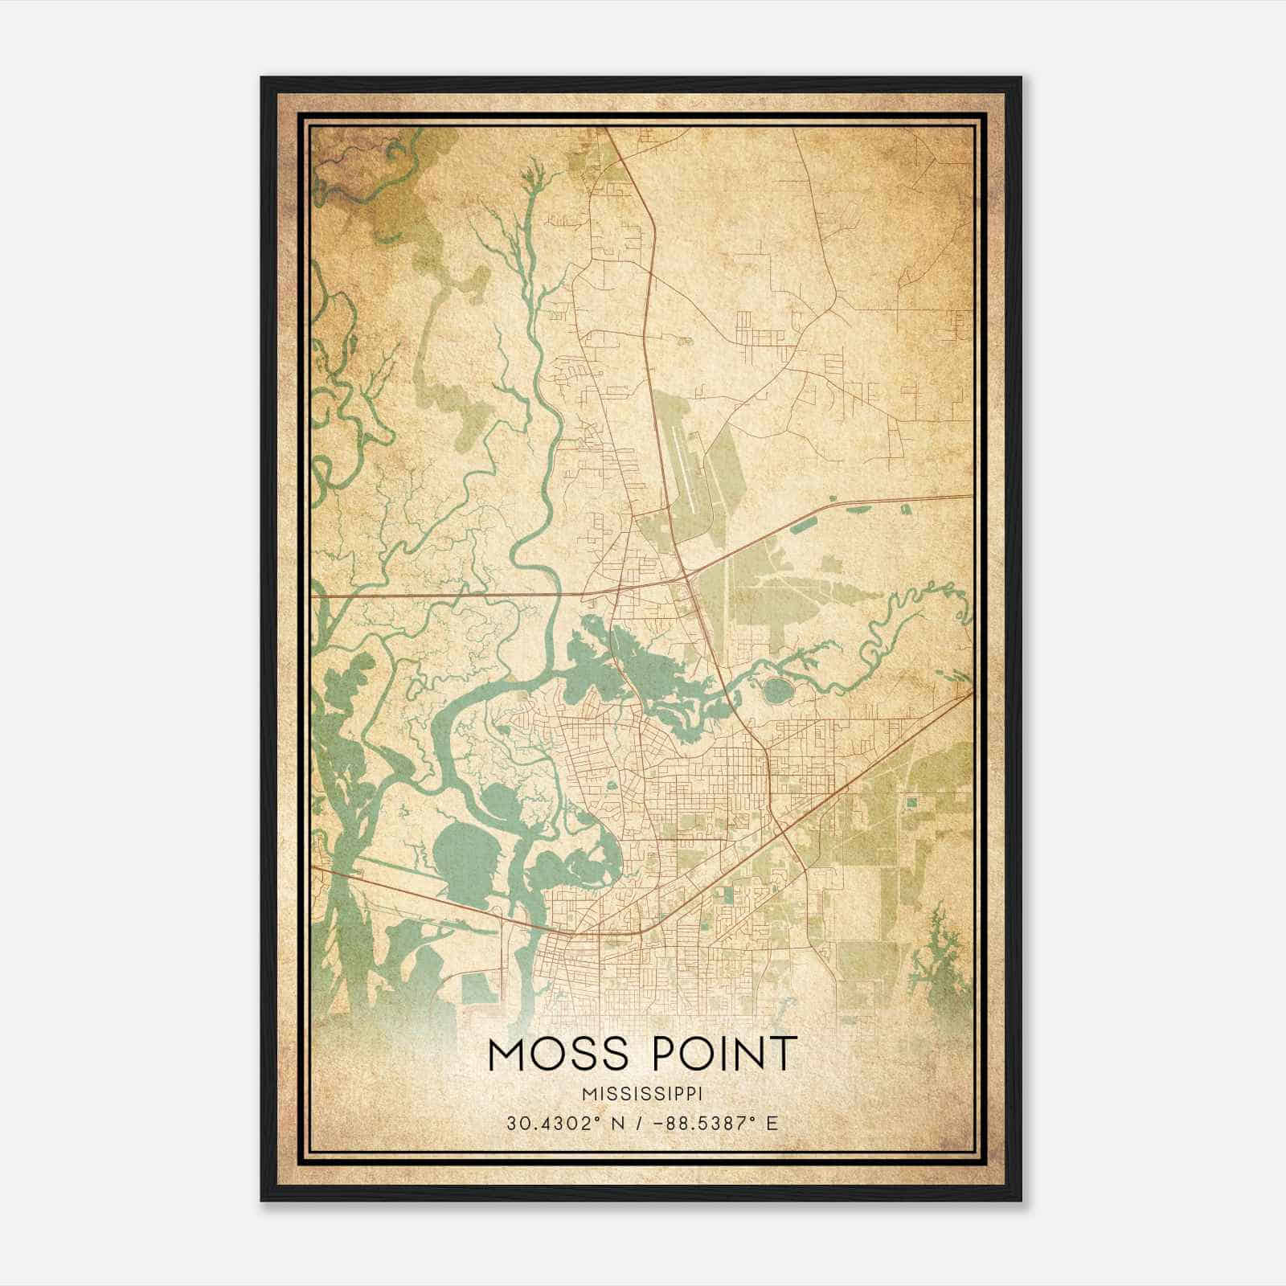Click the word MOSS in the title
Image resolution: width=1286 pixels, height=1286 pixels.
pos(555,1055)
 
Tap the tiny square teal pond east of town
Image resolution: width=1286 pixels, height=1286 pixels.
pos(911,801)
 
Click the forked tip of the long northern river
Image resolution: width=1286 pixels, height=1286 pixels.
pos(530,173)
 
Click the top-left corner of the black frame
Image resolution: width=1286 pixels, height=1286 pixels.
pos(263,79)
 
